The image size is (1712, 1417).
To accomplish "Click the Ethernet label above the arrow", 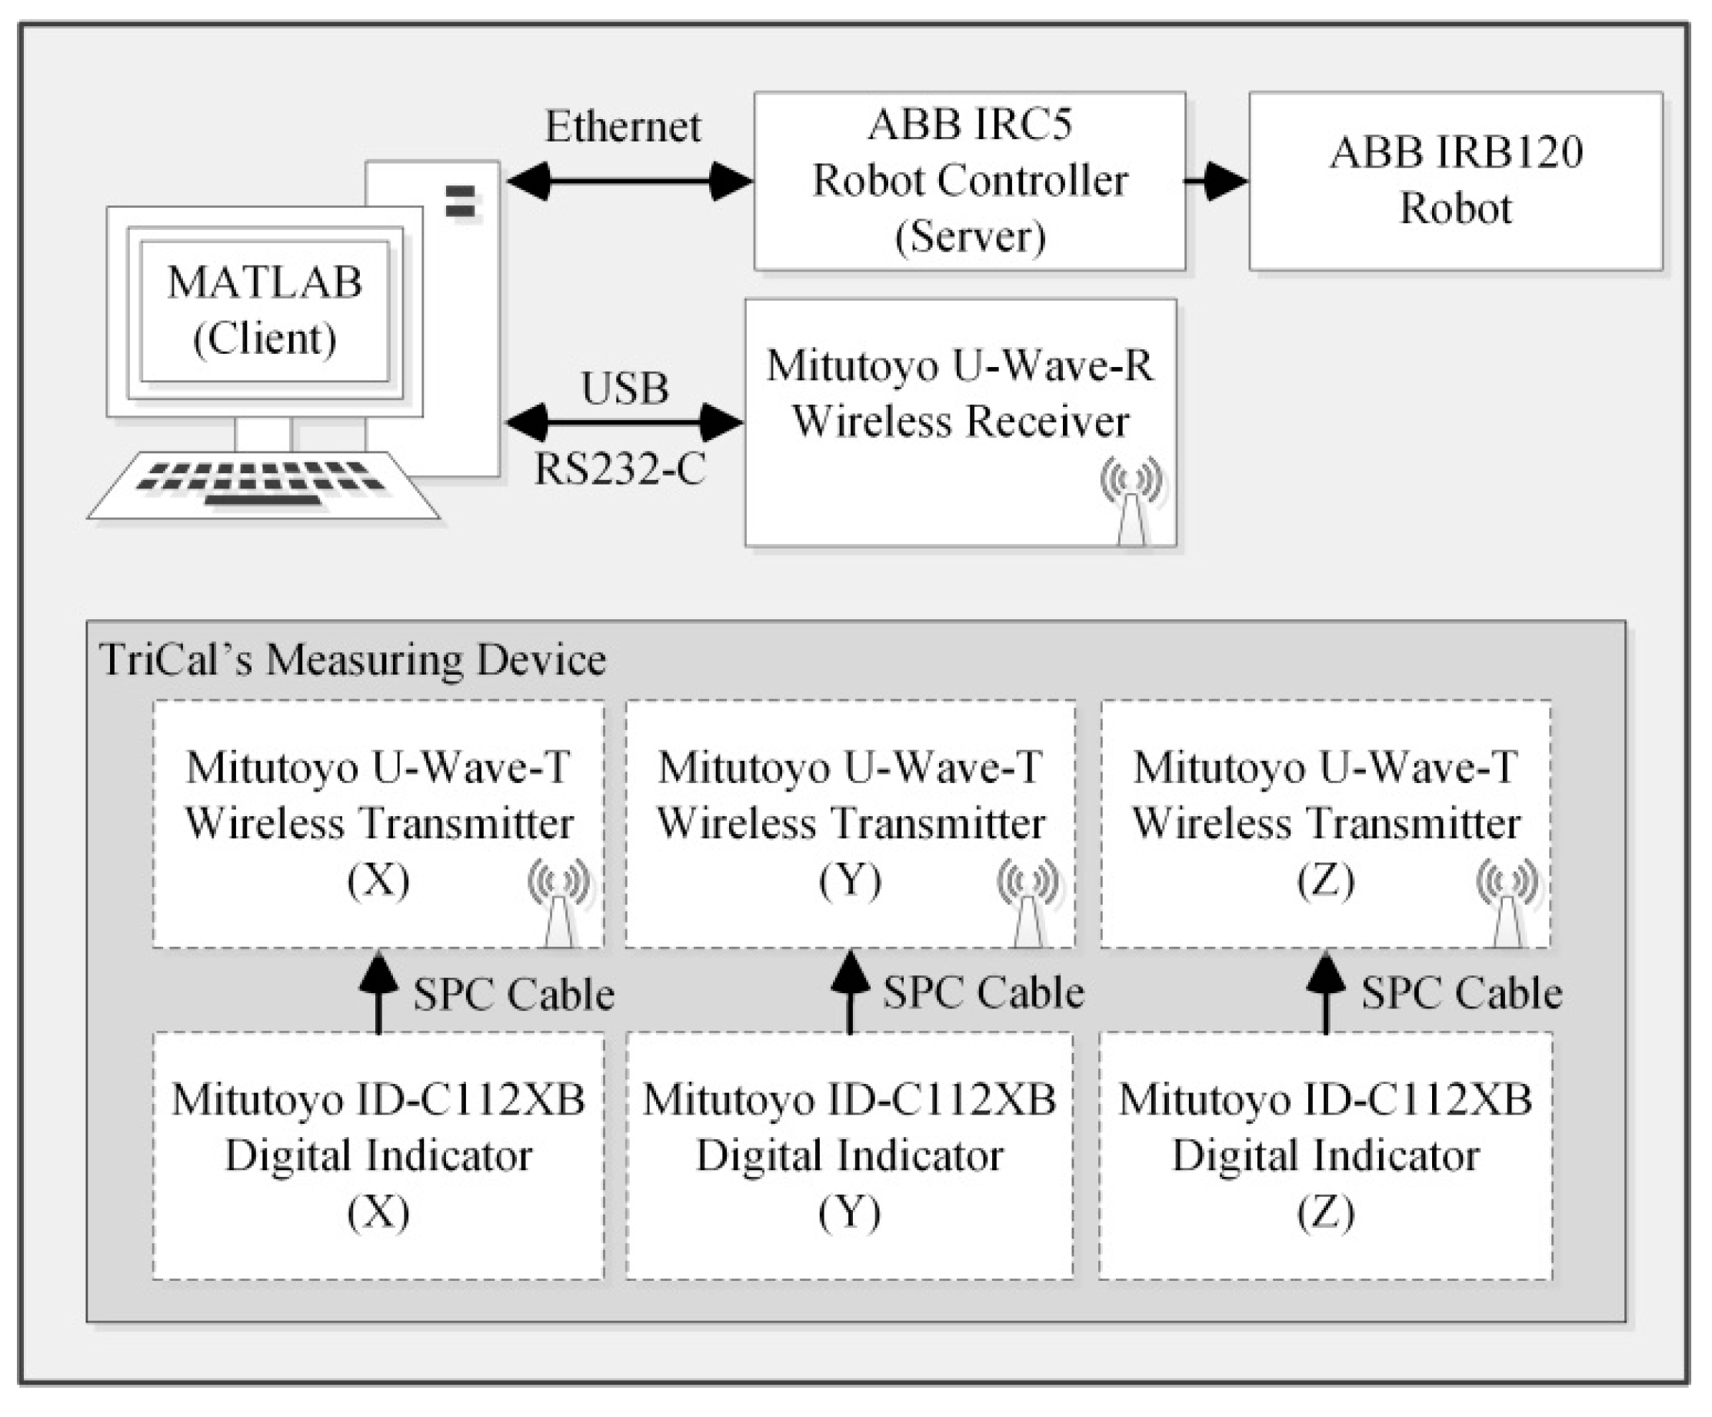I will coord(622,126).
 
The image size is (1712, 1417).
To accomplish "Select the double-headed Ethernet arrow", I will coord(628,180).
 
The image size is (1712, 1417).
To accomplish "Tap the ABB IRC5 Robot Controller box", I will coord(969,180).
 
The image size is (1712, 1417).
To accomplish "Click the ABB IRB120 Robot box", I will coord(1455,180).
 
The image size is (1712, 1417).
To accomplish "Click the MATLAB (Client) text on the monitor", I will coord(264,310).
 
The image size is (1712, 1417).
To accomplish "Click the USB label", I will coord(625,388).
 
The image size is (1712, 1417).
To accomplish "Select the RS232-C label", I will coord(620,468).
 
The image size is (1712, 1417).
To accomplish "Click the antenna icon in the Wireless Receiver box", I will coord(1131,499).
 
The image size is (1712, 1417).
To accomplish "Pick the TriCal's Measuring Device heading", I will coord(352,658).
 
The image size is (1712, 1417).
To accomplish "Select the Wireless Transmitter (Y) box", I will coord(850,823).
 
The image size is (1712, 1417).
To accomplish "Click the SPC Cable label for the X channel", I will coord(513,994).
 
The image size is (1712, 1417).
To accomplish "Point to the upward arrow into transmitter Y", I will coord(850,991).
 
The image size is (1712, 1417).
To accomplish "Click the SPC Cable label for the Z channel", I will coord(1461,993).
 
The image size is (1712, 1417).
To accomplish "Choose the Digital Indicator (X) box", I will coord(378,1155).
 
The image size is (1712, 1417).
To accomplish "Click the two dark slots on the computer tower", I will coord(461,202).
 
